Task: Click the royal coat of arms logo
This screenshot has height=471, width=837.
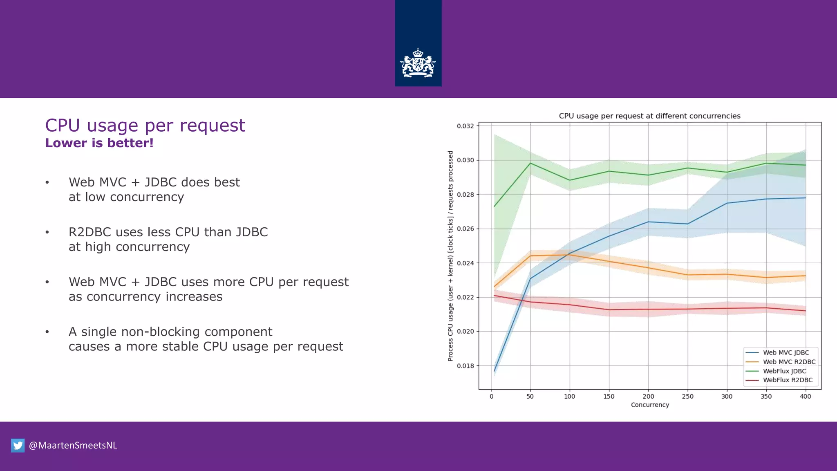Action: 418,63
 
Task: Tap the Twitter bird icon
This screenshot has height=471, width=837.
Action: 18,445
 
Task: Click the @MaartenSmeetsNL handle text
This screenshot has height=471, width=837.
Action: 73,445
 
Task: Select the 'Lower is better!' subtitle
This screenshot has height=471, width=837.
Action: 99,143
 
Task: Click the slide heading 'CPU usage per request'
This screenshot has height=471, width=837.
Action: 145,125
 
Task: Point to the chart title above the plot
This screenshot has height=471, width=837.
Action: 649,116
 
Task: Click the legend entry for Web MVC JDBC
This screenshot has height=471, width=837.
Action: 786,352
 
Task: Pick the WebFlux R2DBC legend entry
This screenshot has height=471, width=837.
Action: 788,380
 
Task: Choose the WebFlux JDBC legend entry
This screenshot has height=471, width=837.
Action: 784,371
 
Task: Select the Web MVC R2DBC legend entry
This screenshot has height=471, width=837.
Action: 789,362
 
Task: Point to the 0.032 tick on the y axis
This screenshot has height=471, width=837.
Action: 465,126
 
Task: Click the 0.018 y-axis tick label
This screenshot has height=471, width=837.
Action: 465,366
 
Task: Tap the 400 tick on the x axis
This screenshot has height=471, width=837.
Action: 805,396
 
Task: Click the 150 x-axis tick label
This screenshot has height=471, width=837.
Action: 609,396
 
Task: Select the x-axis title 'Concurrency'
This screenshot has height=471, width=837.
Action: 649,405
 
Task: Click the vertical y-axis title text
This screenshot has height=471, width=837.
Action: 450,256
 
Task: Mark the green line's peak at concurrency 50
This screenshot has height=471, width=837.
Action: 530,163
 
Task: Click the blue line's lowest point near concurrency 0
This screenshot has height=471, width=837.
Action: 495,371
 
